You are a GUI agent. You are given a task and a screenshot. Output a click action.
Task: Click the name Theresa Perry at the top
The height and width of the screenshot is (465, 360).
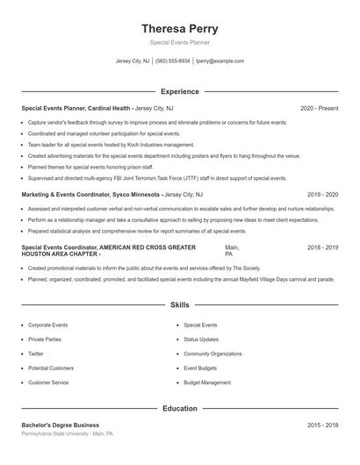[179, 28]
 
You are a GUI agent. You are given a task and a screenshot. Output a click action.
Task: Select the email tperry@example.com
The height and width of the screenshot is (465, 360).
[220, 61]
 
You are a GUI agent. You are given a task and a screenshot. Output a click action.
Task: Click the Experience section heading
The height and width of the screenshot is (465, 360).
[179, 91]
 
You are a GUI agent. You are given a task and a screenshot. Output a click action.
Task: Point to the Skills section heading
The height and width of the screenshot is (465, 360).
[179, 305]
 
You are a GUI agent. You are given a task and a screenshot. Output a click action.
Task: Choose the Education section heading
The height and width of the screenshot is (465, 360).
[179, 408]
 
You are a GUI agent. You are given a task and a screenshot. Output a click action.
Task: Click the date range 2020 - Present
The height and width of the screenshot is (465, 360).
[319, 108]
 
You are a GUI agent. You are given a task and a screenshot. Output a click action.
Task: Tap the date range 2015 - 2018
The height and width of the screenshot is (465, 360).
[322, 425]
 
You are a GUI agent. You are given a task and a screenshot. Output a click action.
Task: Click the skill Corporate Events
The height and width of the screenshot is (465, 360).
[47, 325]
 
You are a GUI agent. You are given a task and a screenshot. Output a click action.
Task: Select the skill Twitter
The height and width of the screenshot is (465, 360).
[36, 354]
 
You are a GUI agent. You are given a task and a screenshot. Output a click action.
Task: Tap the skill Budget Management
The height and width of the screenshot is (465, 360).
[208, 383]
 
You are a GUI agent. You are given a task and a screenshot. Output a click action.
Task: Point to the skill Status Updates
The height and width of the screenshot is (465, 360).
[202, 339]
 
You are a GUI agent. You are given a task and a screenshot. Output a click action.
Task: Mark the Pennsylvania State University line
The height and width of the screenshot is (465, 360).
[68, 434]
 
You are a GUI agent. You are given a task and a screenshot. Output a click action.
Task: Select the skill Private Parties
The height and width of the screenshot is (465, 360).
[45, 339]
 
